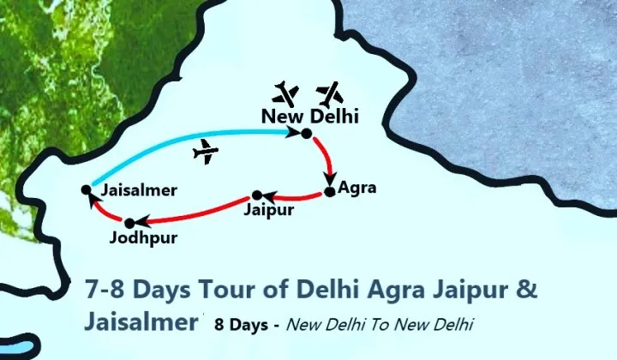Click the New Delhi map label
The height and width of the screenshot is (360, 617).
point(309,116)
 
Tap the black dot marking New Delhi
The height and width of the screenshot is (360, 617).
point(306,134)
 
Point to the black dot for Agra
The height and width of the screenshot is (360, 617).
point(329,192)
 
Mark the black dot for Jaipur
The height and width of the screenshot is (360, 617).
point(256,195)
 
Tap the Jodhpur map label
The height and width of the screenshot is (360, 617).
point(144,237)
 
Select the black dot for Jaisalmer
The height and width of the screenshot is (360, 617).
point(86,189)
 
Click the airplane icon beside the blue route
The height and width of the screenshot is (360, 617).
point(206,153)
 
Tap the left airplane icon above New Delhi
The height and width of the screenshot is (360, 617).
point(287,92)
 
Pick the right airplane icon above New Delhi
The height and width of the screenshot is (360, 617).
point(329,91)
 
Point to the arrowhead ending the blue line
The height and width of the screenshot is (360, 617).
point(292,132)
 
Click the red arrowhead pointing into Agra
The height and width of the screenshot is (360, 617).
point(329,178)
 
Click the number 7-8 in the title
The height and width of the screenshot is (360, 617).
point(105,288)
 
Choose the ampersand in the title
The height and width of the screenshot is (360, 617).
point(528,288)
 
